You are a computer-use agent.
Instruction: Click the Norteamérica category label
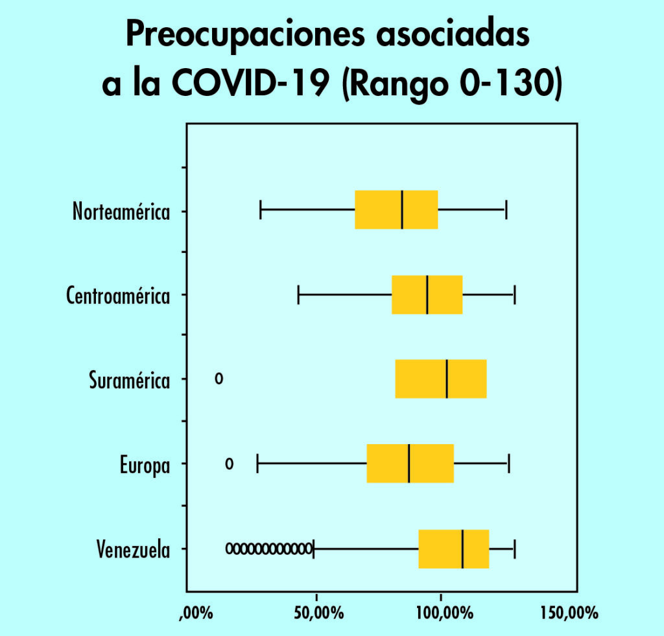tap(121, 212)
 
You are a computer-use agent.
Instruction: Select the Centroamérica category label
tap(118, 296)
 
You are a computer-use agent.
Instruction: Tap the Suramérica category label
tap(130, 380)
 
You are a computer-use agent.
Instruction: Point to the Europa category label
tap(145, 465)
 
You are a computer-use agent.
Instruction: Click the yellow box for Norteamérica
tap(396, 210)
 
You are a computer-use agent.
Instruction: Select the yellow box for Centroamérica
tap(427, 294)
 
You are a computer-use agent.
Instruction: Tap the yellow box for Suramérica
tap(440, 379)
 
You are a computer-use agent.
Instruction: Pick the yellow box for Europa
tap(410, 464)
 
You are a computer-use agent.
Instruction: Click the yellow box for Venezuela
tap(453, 548)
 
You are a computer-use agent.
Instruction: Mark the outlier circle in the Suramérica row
tap(219, 378)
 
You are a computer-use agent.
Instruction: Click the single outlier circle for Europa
tap(229, 463)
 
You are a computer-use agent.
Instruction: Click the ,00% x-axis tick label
tap(195, 613)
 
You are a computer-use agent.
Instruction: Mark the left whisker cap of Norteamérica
tap(261, 210)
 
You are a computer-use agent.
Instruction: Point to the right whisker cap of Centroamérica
tap(514, 294)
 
